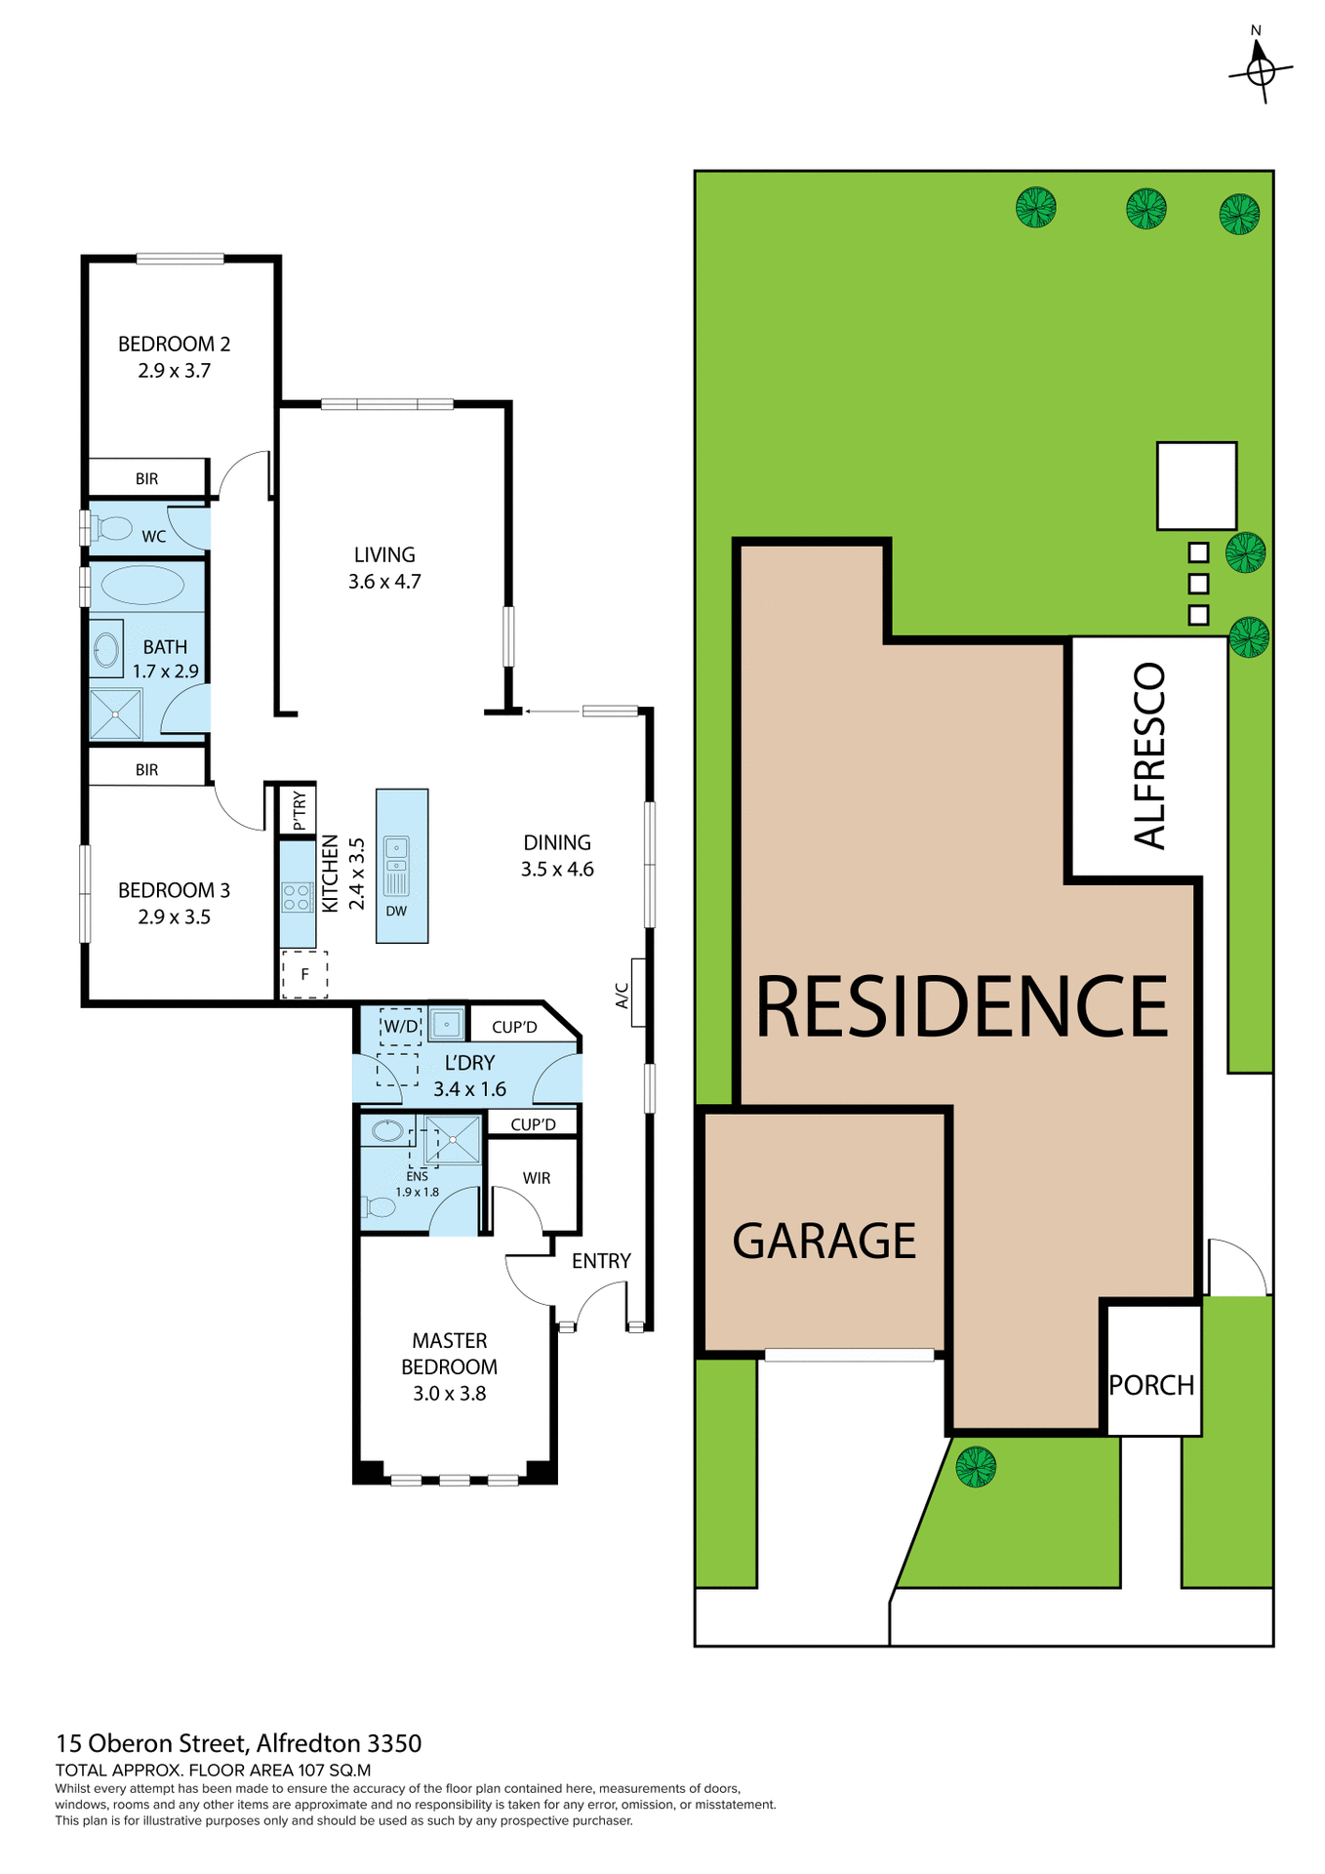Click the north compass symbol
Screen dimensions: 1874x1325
pyautogui.click(x=1261, y=69)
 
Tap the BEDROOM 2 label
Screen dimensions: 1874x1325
pyautogui.click(x=174, y=344)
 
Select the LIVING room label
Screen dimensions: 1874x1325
pyautogui.click(x=384, y=554)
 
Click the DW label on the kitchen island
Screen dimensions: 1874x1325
pyautogui.click(x=396, y=912)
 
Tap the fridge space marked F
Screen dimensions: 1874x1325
pyautogui.click(x=304, y=974)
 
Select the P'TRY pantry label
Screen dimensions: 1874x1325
pyautogui.click(x=299, y=810)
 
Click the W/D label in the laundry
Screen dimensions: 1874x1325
pyautogui.click(x=400, y=1026)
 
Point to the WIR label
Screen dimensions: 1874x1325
pyautogui.click(x=537, y=1178)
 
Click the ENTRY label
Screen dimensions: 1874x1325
pyautogui.click(x=601, y=1261)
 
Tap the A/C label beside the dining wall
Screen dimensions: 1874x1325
pyautogui.click(x=622, y=996)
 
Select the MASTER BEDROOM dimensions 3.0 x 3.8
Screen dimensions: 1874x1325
pyautogui.click(x=450, y=1394)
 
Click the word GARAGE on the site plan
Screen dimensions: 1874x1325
pyautogui.click(x=824, y=1242)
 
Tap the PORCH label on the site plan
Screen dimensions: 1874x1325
pyautogui.click(x=1151, y=1385)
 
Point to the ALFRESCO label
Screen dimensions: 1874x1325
pyautogui.click(x=1150, y=755)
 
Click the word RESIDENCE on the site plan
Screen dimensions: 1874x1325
pyautogui.click(x=962, y=1007)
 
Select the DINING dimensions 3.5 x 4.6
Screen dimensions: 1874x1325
pyautogui.click(x=557, y=870)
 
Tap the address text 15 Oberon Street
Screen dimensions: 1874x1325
pyautogui.click(x=155, y=1743)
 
